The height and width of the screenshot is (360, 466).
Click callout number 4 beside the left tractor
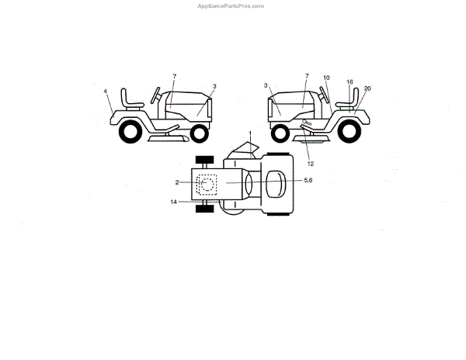(106, 92)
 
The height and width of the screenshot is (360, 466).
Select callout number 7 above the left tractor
(174, 76)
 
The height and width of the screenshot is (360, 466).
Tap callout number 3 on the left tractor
(214, 86)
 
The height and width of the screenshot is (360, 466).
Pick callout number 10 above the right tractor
(326, 78)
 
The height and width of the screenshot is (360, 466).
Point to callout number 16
(350, 81)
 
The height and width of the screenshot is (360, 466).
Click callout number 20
(367, 88)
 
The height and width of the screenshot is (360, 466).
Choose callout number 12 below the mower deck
(310, 164)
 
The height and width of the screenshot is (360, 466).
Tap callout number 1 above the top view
(250, 133)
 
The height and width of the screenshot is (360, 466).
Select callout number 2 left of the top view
(177, 182)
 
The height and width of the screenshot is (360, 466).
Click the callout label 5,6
(308, 180)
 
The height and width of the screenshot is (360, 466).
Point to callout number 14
(174, 202)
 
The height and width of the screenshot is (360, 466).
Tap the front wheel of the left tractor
(199, 133)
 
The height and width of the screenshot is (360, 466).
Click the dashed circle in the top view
(208, 185)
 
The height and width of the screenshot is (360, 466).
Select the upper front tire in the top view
(203, 161)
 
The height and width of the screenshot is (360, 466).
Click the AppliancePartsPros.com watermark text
(231, 5)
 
